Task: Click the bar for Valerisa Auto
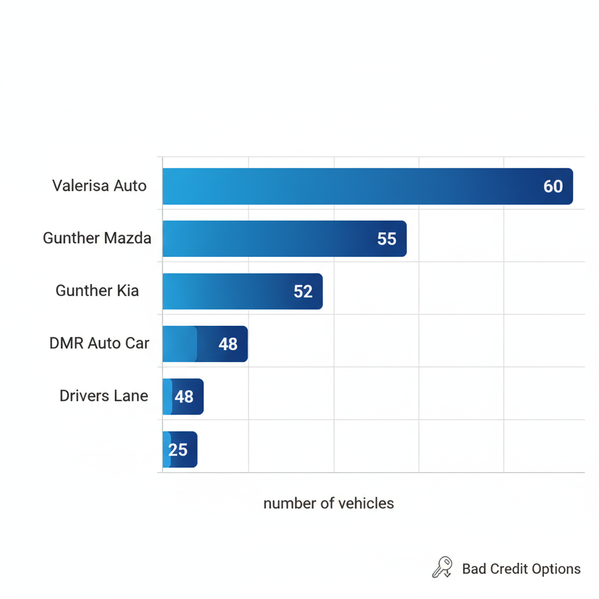click(367, 187)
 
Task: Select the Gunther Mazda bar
click(284, 239)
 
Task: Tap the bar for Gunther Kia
click(242, 291)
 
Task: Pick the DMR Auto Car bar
click(205, 344)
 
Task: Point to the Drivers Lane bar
click(183, 397)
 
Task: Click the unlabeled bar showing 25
click(180, 449)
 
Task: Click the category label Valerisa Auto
click(99, 186)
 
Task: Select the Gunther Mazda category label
click(97, 238)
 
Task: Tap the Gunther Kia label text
click(97, 291)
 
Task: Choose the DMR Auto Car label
click(99, 343)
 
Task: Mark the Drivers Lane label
click(104, 396)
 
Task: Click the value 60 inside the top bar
click(553, 187)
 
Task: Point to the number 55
click(387, 239)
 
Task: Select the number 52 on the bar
click(303, 292)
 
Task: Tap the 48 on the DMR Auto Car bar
click(228, 345)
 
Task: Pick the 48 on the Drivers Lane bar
click(184, 397)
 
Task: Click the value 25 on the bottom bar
click(178, 450)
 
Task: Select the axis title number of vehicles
click(329, 504)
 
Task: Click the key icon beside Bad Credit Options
click(442, 567)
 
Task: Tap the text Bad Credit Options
click(521, 569)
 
